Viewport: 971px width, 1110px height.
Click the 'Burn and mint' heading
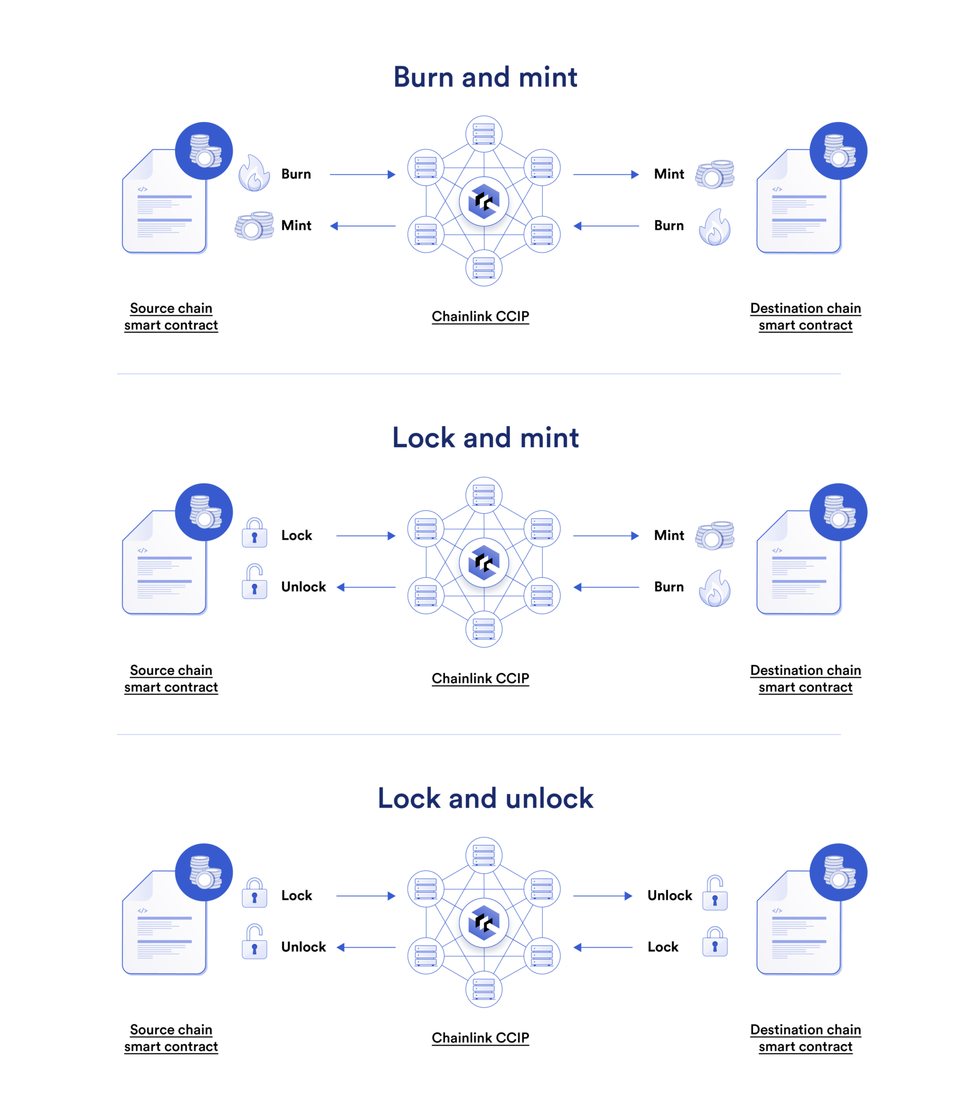[485, 77]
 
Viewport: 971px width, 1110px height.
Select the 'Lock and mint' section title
[485, 437]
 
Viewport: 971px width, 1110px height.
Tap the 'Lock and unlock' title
[485, 798]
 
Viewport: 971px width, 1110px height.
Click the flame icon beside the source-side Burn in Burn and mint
[254, 173]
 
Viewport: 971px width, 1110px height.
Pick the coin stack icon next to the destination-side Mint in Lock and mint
[715, 535]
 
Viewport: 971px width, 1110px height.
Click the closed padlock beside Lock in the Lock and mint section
[254, 533]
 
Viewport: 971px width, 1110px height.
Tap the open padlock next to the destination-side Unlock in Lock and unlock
[715, 893]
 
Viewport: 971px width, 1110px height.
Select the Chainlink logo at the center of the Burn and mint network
[484, 202]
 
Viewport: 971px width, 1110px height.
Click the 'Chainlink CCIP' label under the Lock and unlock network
[480, 1037]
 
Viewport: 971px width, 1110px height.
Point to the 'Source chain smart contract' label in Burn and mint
[171, 317]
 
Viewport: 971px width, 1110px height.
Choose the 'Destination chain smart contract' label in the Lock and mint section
[805, 679]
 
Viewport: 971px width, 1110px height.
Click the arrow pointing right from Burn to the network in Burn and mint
[362, 175]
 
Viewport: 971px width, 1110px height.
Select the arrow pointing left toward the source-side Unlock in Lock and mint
[366, 587]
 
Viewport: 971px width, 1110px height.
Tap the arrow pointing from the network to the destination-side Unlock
[602, 896]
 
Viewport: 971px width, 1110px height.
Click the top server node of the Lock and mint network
[484, 495]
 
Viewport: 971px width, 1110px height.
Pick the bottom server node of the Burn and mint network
[484, 268]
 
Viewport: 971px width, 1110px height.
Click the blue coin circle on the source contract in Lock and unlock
[204, 872]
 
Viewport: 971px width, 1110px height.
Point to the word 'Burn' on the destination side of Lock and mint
[668, 587]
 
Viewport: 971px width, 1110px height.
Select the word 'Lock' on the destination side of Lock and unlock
[663, 947]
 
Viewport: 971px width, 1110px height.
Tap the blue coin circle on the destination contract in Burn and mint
[838, 151]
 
